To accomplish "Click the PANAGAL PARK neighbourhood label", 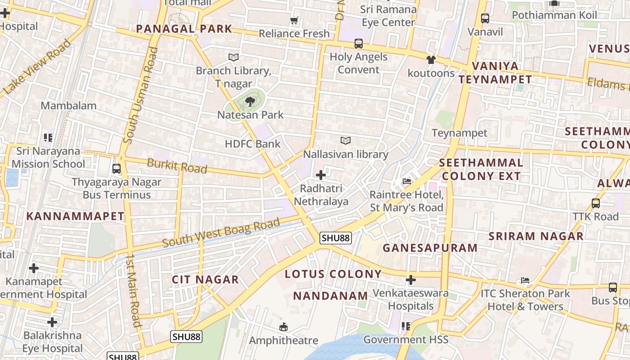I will (184, 29).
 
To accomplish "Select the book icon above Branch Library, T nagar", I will (233, 57).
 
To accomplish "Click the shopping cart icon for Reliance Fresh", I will (294, 21).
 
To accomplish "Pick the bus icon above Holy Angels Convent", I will (358, 44).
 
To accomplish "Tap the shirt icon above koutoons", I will (431, 60).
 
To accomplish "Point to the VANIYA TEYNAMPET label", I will (495, 73).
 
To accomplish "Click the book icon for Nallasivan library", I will (345, 141).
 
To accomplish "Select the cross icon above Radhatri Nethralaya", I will (321, 175).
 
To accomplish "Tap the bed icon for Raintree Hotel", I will (406, 181).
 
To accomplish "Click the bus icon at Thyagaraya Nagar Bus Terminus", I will (117, 169).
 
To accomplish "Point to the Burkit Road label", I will (177, 166).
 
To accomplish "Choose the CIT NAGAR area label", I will (205, 280).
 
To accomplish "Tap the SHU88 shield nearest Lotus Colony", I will (335, 238).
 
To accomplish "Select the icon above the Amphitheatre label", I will (283, 327).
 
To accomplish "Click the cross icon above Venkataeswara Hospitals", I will (410, 280).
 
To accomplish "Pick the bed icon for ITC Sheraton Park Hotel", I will (525, 280).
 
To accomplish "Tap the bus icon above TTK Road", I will (596, 203).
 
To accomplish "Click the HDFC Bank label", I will (252, 144).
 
